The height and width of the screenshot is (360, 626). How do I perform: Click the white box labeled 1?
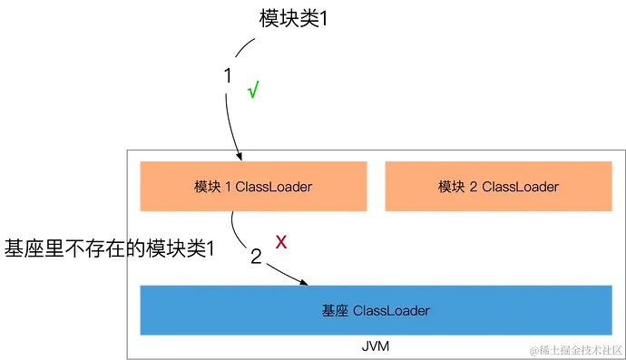[x=229, y=74]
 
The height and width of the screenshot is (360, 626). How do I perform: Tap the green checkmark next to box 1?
[x=254, y=89]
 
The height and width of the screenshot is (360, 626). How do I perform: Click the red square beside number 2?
[x=281, y=241]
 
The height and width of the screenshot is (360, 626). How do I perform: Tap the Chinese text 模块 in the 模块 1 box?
[x=207, y=187]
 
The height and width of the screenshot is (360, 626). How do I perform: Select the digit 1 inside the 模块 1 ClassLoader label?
[x=228, y=187]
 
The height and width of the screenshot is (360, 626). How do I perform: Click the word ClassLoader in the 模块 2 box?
[x=520, y=187]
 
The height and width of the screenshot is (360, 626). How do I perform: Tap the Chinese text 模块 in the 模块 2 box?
[x=451, y=187]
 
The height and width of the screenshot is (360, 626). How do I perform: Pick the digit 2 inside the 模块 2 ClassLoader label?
[x=473, y=187]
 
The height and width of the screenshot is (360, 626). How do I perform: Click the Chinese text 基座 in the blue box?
[x=334, y=311]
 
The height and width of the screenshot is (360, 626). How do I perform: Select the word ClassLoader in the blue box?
[x=391, y=311]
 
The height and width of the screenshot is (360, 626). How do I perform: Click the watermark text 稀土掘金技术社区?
[x=581, y=349]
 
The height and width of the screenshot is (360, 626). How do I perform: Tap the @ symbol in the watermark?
[x=534, y=349]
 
